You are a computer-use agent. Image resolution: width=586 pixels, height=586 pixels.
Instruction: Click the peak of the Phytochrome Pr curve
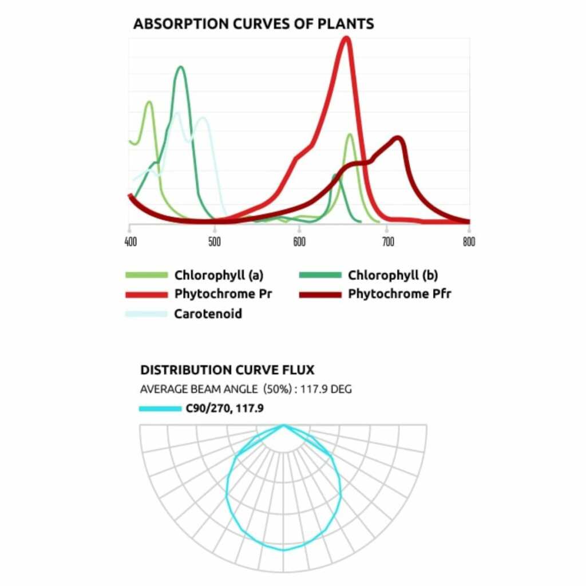pos(346,39)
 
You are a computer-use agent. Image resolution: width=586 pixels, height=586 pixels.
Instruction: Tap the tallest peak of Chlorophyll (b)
pos(181,68)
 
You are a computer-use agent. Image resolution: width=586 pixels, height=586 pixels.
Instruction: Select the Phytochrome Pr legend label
pos(223,295)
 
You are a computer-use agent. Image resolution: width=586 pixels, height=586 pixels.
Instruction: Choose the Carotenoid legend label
pos(208,314)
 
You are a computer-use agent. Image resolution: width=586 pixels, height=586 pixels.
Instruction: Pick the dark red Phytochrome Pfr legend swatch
pos(320,295)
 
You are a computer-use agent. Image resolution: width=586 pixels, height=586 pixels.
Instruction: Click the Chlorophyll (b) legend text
pos(393,276)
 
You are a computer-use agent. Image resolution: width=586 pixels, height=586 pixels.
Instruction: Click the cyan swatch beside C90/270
pos(160,409)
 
